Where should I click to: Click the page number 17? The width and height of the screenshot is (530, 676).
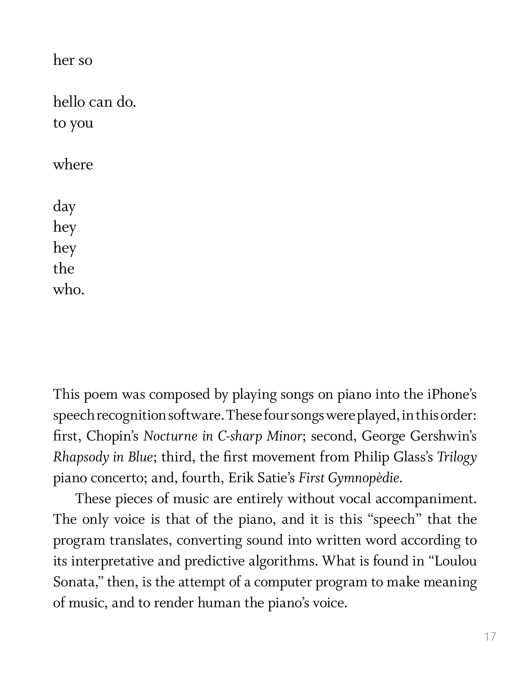490,636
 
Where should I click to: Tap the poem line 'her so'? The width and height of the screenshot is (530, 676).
73,60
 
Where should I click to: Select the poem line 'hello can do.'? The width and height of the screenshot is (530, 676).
94,102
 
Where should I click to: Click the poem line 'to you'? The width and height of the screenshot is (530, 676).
73,123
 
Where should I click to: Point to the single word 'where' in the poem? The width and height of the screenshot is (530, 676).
73,165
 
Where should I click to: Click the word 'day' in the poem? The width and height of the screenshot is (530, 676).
64,207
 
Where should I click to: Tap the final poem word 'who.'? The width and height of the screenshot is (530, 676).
68,290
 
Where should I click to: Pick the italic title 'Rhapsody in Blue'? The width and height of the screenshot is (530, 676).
102,457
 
